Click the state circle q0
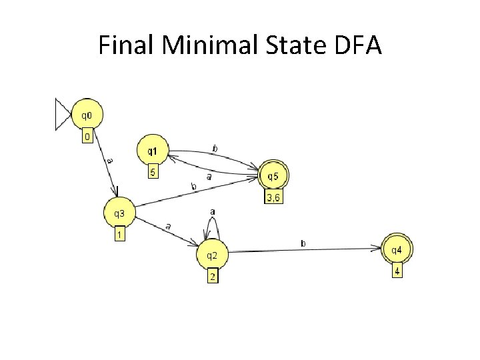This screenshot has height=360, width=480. coord(87,115)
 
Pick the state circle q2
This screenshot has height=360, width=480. coord(213,255)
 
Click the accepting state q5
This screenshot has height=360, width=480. coord(274,177)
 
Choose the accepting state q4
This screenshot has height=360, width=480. coord(396,250)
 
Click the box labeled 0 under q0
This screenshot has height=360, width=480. coord(87,137)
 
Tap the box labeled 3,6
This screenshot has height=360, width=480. coord(274,199)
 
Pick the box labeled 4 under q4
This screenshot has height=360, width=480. coord(396,271)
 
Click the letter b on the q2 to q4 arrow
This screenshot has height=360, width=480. coord(303,244)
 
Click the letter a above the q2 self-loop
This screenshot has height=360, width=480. coord(213,211)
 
